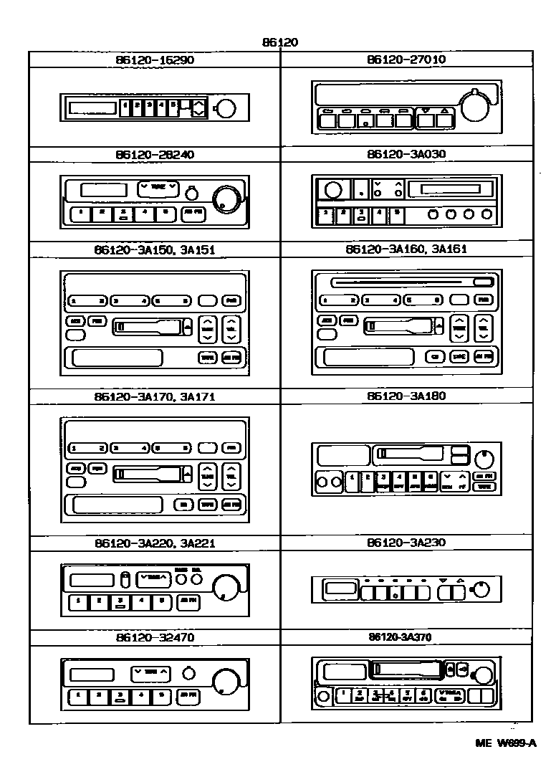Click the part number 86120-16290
(x=154, y=60)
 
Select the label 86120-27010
(x=406, y=59)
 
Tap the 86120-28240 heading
(x=154, y=154)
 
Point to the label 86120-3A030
(x=406, y=154)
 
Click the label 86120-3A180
(x=406, y=396)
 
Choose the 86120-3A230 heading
(x=406, y=543)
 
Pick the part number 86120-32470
(x=154, y=637)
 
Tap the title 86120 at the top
(x=279, y=42)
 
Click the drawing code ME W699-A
(x=506, y=743)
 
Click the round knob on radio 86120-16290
(x=225, y=109)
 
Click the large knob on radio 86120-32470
(x=226, y=680)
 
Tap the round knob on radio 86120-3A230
(x=481, y=590)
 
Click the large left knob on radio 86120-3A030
(x=332, y=190)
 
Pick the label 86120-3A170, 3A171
(x=154, y=396)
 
